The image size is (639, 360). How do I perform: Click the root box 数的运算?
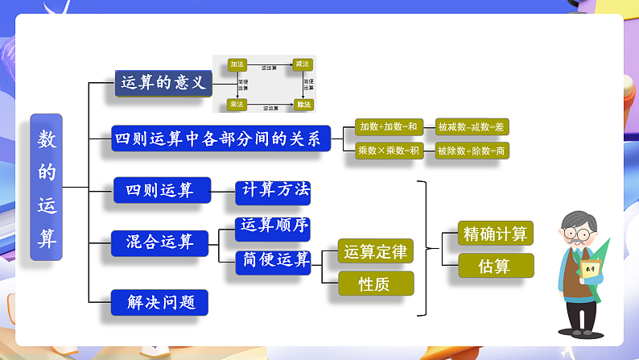tap(47, 187)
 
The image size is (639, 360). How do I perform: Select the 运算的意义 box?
tap(163, 82)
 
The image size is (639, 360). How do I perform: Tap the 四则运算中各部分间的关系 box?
tap(221, 139)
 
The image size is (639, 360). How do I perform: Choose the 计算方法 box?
tap(273, 191)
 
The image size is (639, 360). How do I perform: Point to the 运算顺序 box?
tap(273, 226)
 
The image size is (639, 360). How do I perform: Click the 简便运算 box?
tap(273, 260)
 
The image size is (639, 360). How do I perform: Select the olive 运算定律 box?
tap(375, 252)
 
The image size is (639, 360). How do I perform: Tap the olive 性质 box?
tap(375, 283)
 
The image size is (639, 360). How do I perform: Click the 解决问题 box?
tap(159, 302)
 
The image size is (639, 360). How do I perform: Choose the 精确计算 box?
tap(495, 234)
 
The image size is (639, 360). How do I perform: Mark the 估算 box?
tap(495, 266)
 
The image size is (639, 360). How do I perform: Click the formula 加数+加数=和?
tap(389, 126)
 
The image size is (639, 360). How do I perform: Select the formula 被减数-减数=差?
tap(472, 126)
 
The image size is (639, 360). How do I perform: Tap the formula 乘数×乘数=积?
tap(389, 150)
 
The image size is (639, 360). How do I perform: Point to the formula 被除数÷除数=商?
tap(472, 150)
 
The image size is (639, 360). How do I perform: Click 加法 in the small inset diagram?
tap(237, 64)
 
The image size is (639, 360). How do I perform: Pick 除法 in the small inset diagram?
tap(303, 104)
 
